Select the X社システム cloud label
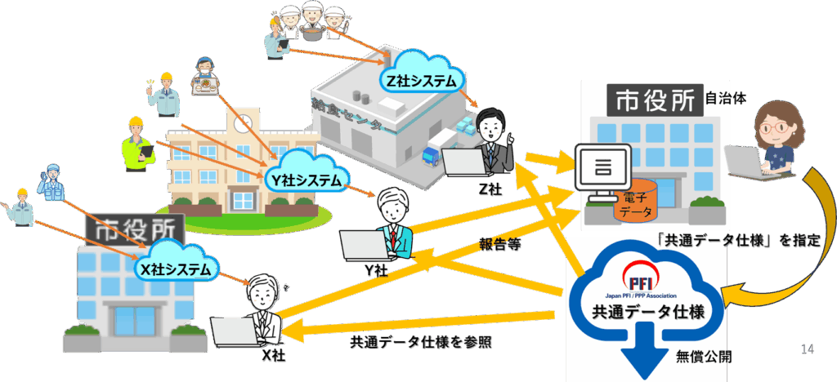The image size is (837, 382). click(176, 266)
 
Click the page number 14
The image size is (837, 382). click(808, 349)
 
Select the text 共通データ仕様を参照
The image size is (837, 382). click(421, 341)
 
